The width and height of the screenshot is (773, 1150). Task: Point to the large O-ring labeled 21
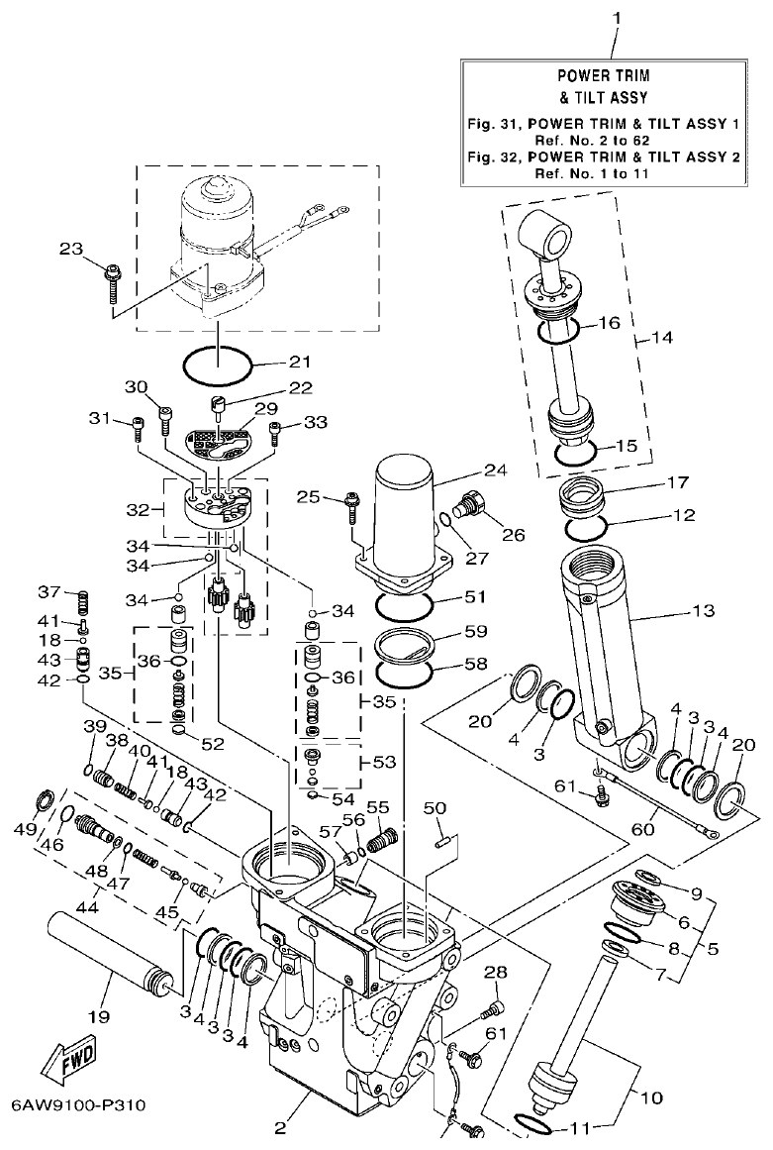click(x=219, y=364)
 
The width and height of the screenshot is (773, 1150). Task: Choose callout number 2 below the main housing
click(x=279, y=1126)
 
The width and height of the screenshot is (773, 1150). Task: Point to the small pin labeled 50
click(x=442, y=842)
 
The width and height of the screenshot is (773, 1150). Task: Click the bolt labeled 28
click(x=491, y=1010)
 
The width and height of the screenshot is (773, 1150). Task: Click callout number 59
click(x=477, y=630)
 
